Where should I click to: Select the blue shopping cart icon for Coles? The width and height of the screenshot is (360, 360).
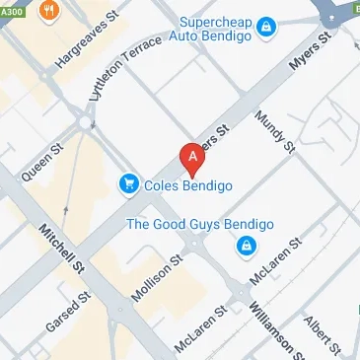click(128, 182)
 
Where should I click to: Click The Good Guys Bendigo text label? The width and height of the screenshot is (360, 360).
click(193, 223)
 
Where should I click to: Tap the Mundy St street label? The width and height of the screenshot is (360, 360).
click(275, 132)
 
